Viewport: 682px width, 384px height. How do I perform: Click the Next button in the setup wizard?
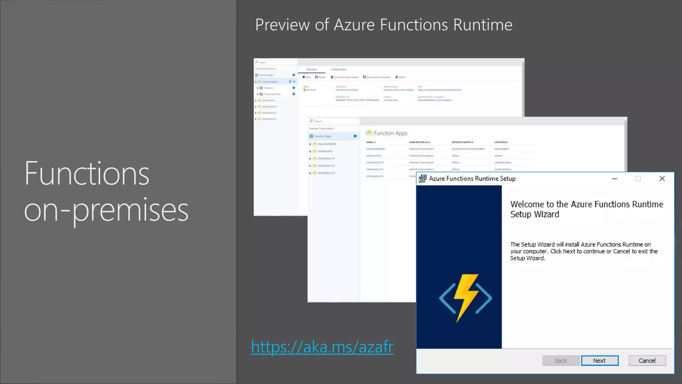(599, 361)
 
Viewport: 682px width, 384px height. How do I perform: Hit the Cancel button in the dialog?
(647, 361)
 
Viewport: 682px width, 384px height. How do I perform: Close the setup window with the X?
(662, 179)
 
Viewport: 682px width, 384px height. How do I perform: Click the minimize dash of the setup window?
(614, 179)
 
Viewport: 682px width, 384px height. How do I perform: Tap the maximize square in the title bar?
(638, 179)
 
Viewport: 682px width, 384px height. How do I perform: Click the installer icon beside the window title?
(422, 179)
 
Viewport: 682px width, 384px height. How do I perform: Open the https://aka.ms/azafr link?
(322, 347)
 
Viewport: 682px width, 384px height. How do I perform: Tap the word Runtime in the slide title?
(483, 25)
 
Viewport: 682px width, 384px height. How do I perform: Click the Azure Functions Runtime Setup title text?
(472, 179)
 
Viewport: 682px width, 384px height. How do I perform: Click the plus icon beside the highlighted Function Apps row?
(355, 136)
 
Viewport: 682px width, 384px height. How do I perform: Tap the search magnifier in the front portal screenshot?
(311, 121)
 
